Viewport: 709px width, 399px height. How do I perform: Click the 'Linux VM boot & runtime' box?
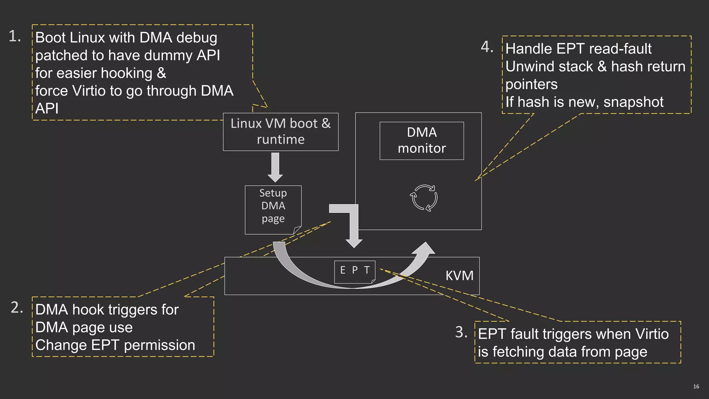280,132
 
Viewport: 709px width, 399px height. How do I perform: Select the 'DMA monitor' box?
422,141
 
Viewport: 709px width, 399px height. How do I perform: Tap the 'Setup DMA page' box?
273,210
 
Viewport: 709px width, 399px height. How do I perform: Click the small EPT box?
355,272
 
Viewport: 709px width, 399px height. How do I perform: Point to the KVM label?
459,276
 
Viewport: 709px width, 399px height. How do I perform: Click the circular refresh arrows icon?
424,198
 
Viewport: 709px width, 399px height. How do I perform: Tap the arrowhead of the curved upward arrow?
425,249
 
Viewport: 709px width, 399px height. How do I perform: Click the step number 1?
15,36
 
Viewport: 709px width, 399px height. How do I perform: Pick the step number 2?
17,308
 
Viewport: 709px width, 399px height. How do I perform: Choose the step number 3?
461,332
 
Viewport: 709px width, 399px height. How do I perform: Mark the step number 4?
487,47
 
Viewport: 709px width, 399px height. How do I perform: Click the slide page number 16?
696,387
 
